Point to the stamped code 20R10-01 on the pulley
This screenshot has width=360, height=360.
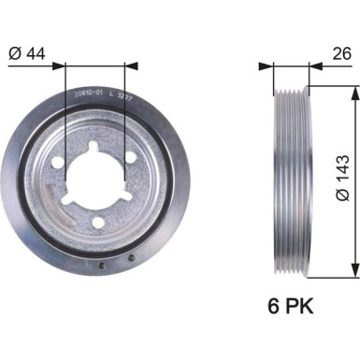(x=88, y=94)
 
